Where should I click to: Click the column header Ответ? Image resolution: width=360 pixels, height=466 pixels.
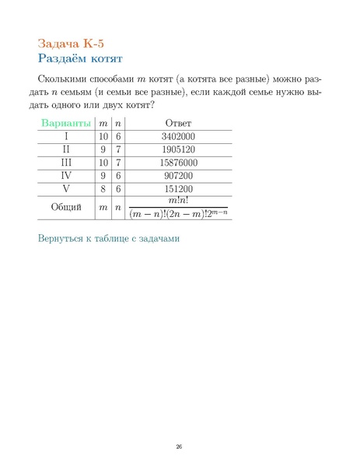(178, 124)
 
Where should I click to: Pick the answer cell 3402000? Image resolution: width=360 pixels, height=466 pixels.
(178, 136)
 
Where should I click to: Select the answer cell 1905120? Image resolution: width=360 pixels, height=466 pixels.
(178, 149)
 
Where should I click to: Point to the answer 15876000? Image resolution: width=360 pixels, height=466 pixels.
(178, 163)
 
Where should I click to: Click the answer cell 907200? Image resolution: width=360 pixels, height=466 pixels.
(178, 176)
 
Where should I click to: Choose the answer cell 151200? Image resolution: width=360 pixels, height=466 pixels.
(178, 189)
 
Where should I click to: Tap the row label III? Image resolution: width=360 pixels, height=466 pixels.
(66, 163)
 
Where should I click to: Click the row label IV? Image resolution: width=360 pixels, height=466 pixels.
(66, 176)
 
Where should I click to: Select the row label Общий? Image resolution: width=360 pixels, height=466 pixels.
(66, 207)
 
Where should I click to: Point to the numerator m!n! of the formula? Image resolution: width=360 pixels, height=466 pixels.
(178, 201)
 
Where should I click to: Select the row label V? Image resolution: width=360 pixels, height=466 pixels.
(66, 189)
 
